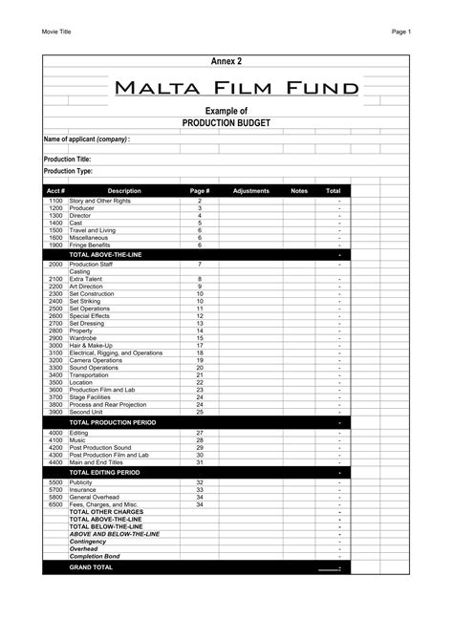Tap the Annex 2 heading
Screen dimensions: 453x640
226,62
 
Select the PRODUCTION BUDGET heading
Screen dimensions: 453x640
226,124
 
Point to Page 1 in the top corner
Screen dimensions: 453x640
400,32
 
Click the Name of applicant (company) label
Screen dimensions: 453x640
86,139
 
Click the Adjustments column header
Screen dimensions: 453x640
251,191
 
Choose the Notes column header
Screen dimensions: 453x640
299,191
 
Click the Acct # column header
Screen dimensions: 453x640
55,191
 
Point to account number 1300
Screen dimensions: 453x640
55,216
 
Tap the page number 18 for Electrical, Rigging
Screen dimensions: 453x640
200,352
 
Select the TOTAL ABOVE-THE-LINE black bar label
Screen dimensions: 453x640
105,255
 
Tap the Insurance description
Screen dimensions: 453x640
85,490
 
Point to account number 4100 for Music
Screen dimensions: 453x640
55,440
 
